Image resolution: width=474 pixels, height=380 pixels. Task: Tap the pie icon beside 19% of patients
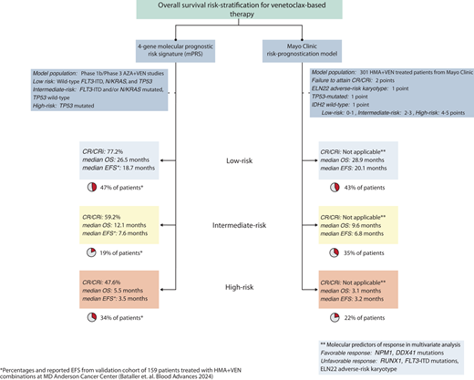pyautogui.click(x=90, y=252)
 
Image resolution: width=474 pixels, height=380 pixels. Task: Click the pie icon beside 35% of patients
pyautogui.click(x=325, y=252)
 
